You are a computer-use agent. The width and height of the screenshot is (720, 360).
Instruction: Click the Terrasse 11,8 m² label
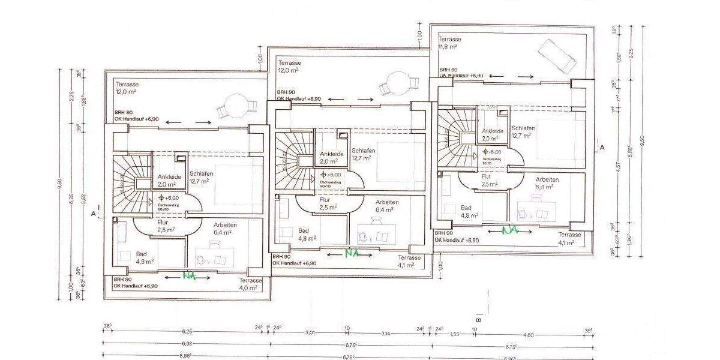pyautogui.click(x=448, y=43)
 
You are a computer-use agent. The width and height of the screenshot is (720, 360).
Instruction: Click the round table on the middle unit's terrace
pyautogui.click(x=396, y=83)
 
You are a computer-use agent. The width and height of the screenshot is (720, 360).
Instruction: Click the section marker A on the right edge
pyautogui.click(x=602, y=146)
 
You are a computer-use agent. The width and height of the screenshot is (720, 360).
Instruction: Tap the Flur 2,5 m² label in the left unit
pyautogui.click(x=165, y=226)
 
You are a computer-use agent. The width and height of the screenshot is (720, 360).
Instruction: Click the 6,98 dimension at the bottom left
pyautogui.click(x=186, y=344)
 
